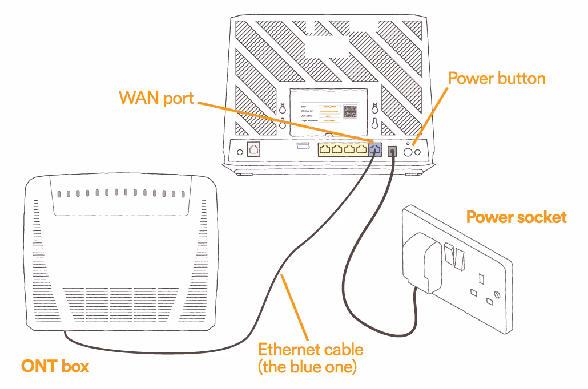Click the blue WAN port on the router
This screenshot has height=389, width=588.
click(374, 149)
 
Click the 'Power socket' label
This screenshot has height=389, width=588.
click(517, 217)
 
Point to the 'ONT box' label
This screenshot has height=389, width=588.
click(55, 366)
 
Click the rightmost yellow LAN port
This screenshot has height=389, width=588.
click(361, 149)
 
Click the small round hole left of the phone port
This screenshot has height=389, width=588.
click(240, 152)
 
